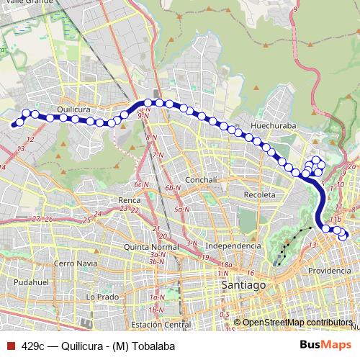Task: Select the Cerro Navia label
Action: tap(74, 264)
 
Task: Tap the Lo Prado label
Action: tap(102, 297)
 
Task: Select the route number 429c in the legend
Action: tap(33, 346)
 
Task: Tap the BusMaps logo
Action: tap(325, 346)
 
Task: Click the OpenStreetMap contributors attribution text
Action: tap(297, 323)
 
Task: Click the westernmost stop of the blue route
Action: tap(14, 124)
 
